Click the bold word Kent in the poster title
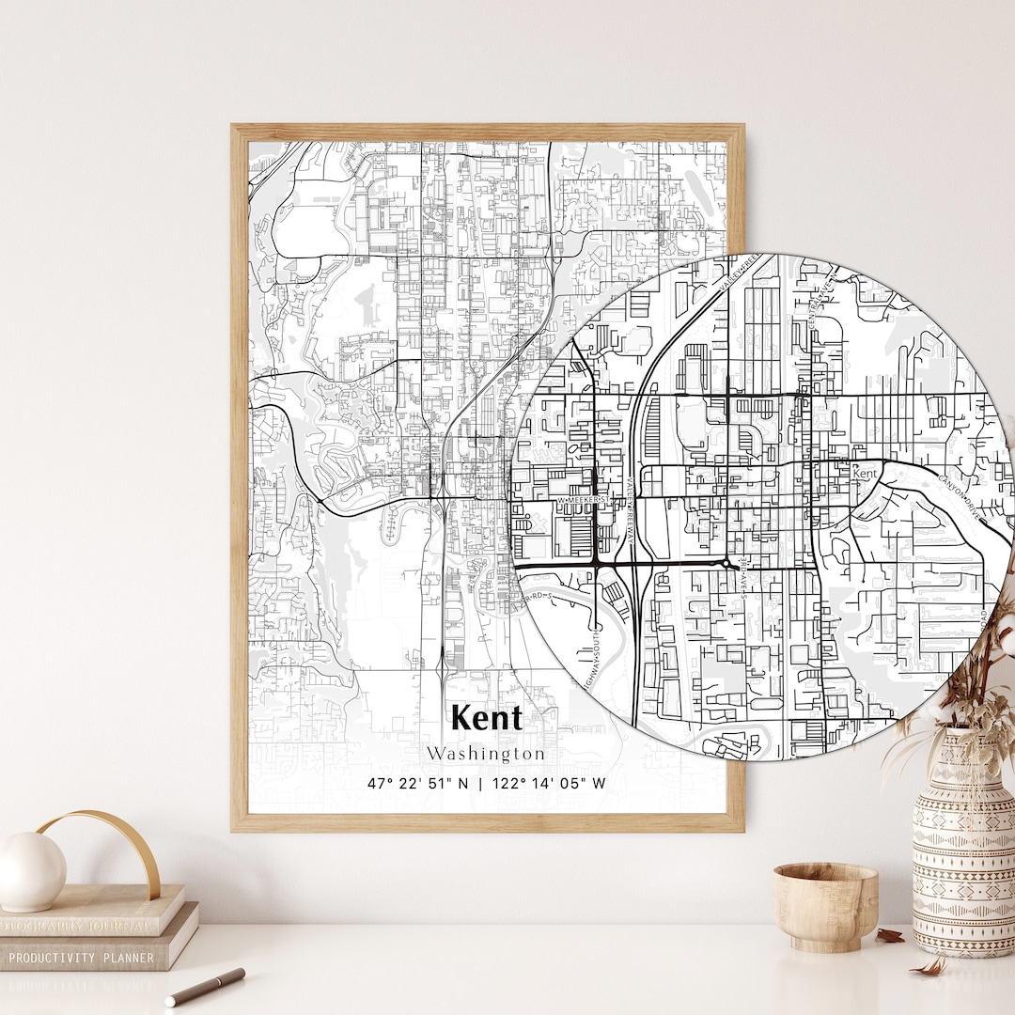(486, 717)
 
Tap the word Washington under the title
(485, 754)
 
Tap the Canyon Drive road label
(958, 498)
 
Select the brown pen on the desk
(205, 987)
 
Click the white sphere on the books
(32, 870)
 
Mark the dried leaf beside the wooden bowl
(889, 936)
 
